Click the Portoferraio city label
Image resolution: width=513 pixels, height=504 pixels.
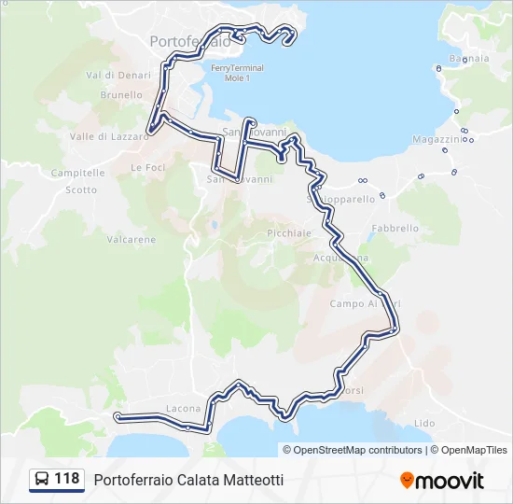click(190, 41)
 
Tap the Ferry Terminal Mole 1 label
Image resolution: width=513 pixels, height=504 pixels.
click(237, 73)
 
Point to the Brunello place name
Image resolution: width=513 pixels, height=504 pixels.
click(121, 95)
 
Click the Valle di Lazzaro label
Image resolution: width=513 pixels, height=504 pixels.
click(109, 136)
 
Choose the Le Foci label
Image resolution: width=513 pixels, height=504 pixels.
click(147, 168)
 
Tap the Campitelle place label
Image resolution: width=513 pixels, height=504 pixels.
click(77, 173)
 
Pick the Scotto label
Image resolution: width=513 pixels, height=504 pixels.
click(81, 189)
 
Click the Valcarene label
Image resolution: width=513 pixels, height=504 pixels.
click(132, 240)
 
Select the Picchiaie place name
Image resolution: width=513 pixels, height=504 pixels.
click(288, 232)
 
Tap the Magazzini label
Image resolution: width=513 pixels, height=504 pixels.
click(437, 139)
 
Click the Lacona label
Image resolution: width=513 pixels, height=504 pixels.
click(183, 409)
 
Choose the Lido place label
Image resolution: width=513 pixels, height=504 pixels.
click(424, 423)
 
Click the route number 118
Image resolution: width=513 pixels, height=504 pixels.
click(67, 479)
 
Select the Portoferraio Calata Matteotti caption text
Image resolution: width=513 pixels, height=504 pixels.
click(188, 480)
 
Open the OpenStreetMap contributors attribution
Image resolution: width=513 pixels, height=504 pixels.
click(358, 450)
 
